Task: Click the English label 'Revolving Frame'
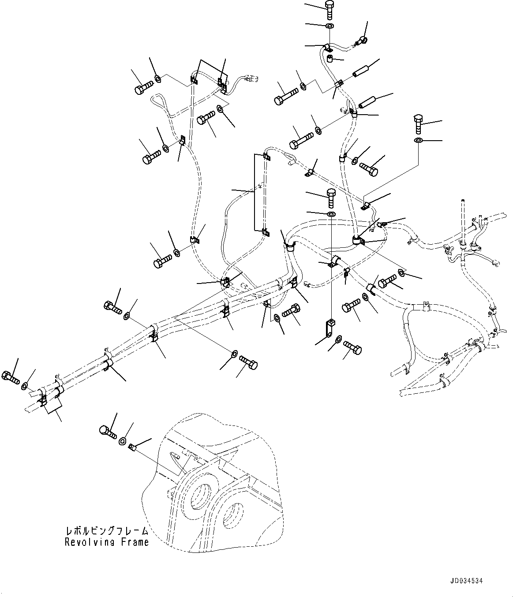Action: [107, 542]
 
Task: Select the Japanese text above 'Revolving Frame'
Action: [107, 530]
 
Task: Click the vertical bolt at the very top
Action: [330, 9]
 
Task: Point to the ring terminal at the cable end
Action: [360, 42]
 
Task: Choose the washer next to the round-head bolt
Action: [123, 440]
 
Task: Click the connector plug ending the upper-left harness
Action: [253, 80]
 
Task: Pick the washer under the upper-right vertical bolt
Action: [418, 141]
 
